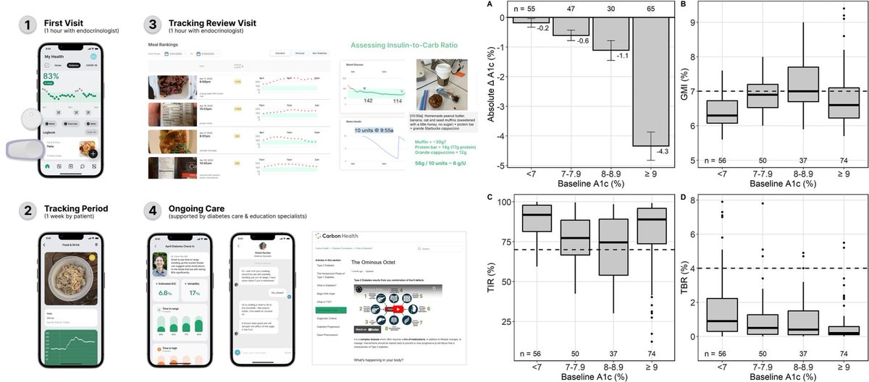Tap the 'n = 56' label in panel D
pos(719,354)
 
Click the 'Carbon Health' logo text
pos(343,237)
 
